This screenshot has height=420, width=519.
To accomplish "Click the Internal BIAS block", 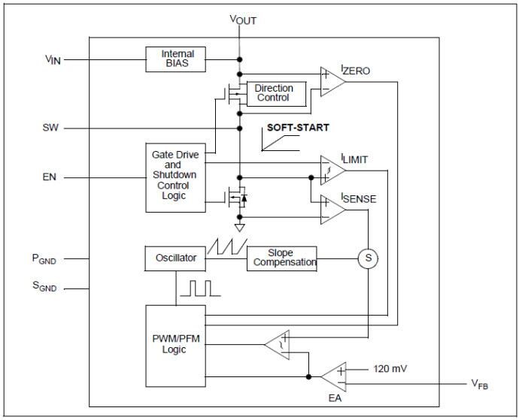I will [x=178, y=58].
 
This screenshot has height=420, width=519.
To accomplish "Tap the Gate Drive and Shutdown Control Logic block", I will [x=175, y=176].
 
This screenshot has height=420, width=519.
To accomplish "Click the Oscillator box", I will [x=175, y=258].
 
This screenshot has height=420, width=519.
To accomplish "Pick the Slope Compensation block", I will [x=281, y=258].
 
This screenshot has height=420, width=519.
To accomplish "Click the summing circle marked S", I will [x=368, y=258].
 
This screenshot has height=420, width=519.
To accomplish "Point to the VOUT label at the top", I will [x=243, y=20].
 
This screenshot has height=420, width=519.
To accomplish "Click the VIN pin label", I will [x=53, y=58].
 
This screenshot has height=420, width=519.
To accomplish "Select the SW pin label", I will [x=51, y=128].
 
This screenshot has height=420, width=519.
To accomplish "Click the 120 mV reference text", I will [x=390, y=369].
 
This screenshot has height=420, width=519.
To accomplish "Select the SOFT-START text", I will [x=298, y=128].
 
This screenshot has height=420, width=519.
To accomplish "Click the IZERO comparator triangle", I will [x=331, y=81].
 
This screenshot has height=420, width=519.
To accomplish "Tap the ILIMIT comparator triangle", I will [x=331, y=170].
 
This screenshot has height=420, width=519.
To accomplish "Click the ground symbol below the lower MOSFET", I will [x=239, y=227].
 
